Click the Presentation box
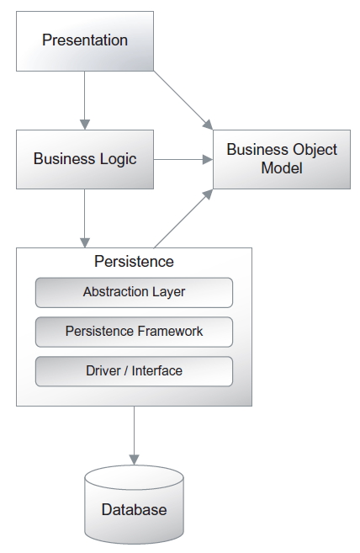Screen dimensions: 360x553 click(x=85, y=41)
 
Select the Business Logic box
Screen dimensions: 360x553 click(x=85, y=159)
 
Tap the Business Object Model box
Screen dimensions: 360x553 click(x=282, y=159)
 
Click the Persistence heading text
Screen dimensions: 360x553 click(x=134, y=261)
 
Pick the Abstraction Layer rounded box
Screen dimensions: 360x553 click(x=134, y=292)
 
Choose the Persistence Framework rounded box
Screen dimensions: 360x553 click(x=134, y=332)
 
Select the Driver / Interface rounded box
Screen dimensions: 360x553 click(x=134, y=371)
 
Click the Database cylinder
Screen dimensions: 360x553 click(x=134, y=504)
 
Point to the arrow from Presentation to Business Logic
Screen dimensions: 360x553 click(x=85, y=100)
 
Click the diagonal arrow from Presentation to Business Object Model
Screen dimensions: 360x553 click(x=183, y=100)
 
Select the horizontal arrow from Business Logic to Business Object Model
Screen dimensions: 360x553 click(x=183, y=159)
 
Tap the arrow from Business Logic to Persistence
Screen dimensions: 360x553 click(x=85, y=218)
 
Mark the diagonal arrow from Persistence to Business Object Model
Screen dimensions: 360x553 click(x=183, y=219)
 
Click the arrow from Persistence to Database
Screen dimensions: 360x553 click(x=134, y=435)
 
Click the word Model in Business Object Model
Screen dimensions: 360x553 click(x=282, y=167)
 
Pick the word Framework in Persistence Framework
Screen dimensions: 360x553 click(x=170, y=331)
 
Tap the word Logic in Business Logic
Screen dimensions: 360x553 click(x=118, y=159)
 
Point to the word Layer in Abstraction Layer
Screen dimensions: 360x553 click(x=168, y=292)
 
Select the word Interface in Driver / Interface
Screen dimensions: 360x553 click(x=157, y=370)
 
